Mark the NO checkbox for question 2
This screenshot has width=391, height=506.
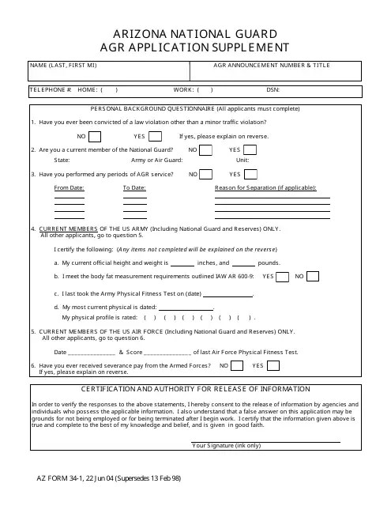pyautogui.click(x=205, y=149)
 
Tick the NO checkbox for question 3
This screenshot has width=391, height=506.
pyautogui.click(x=205, y=174)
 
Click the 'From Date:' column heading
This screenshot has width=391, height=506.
pyautogui.click(x=69, y=188)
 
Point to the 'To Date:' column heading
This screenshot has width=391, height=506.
pyautogui.click(x=134, y=188)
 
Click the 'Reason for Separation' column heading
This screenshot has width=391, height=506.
pyautogui.click(x=265, y=188)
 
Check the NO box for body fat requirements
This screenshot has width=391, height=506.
pyautogui.click(x=313, y=277)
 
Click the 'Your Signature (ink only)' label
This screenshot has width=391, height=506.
pyautogui.click(x=226, y=446)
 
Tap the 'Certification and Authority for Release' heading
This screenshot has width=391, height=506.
pyautogui.click(x=195, y=391)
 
